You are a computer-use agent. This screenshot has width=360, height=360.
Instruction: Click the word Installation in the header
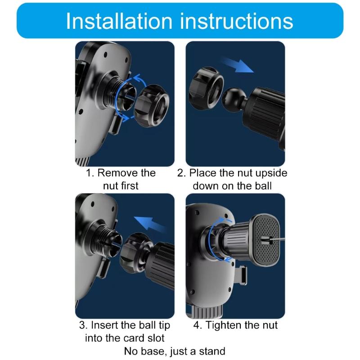click(119, 21)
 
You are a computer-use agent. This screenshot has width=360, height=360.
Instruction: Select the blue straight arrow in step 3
click(150, 225)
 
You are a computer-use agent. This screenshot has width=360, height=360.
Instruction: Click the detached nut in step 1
click(152, 106)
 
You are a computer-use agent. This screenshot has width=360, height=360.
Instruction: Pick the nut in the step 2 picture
click(206, 88)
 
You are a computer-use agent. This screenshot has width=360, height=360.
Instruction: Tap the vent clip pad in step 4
click(266, 240)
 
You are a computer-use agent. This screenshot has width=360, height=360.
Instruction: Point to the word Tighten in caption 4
click(223, 325)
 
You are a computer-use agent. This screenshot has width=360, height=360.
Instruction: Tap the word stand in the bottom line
click(212, 351)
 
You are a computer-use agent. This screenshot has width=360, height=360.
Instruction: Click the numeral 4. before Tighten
click(198, 325)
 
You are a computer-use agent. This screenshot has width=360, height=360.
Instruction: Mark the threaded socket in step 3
click(107, 243)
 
